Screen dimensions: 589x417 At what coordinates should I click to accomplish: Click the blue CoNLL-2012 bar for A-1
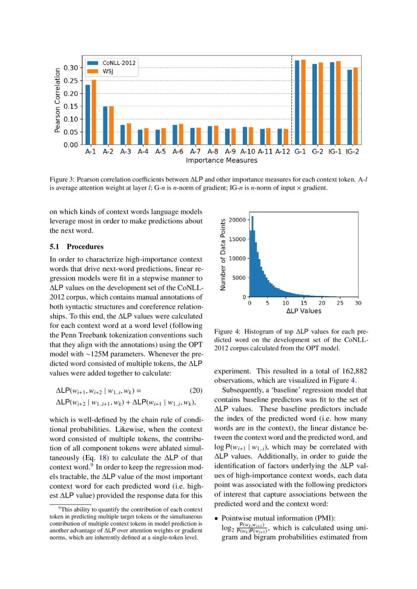click(88, 115)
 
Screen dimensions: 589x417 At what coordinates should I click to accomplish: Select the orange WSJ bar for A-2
click(111, 125)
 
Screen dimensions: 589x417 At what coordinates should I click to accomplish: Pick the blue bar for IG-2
click(349, 107)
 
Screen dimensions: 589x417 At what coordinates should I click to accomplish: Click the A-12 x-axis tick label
click(283, 151)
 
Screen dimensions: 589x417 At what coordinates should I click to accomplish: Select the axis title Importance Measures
click(221, 161)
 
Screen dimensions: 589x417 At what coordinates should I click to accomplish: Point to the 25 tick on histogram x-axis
click(340, 303)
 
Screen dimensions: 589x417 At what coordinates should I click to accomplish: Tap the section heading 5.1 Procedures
click(76, 247)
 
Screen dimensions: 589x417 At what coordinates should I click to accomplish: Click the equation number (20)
click(195, 390)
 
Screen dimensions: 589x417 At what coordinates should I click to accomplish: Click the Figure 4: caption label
click(228, 332)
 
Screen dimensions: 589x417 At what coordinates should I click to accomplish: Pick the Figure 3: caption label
click(62, 179)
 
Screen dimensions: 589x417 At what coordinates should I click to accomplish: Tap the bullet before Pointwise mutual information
click(216, 518)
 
